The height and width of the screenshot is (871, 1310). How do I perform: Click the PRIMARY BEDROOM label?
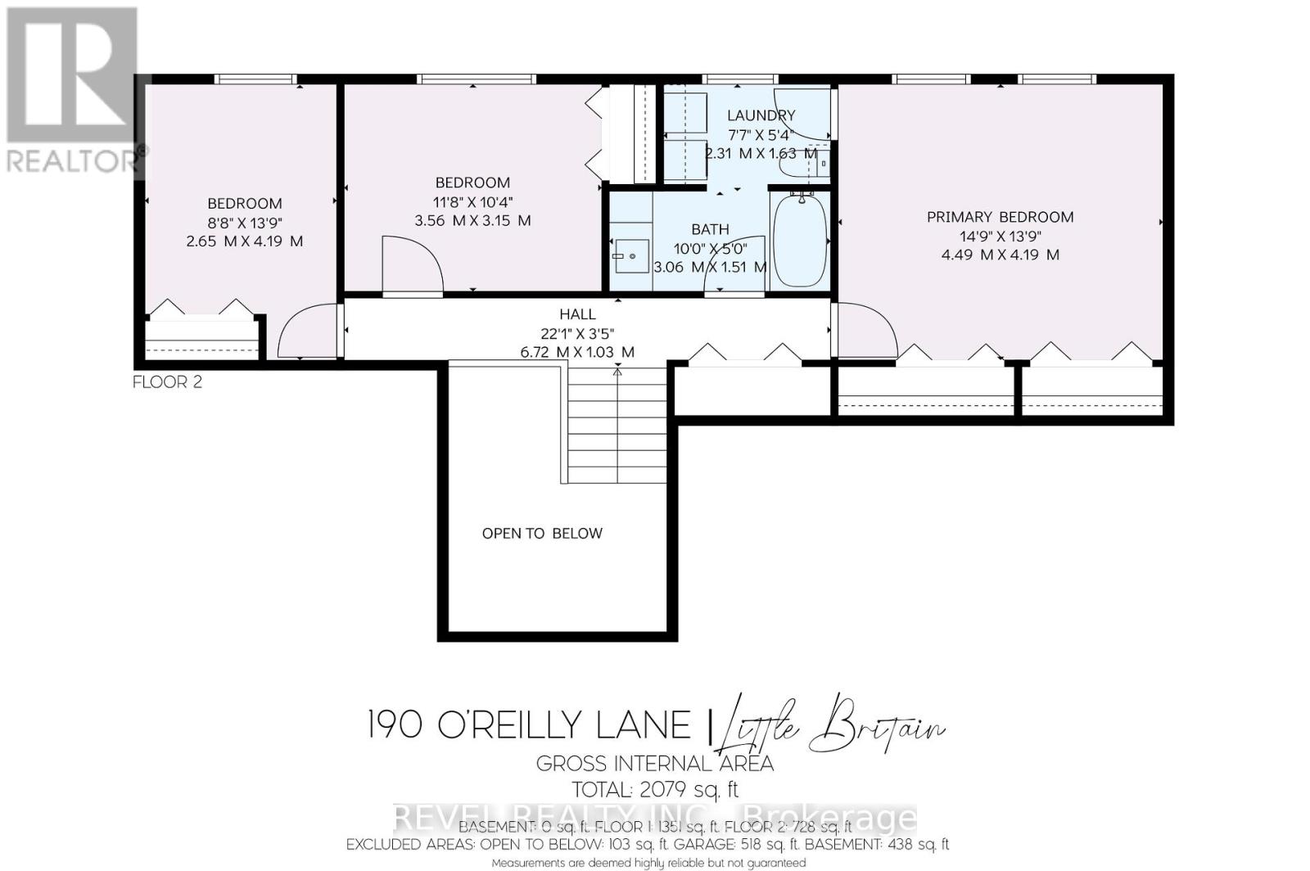pyautogui.click(x=1000, y=217)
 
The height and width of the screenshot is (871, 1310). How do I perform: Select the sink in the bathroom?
pyautogui.click(x=630, y=257)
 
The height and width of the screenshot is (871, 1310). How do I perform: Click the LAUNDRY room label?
pyautogui.click(x=761, y=115)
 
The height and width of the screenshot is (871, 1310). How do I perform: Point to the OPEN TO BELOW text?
pyautogui.click(x=542, y=534)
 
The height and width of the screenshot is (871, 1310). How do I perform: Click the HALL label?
pyautogui.click(x=577, y=314)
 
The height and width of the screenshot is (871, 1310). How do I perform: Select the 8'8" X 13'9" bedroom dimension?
pyautogui.click(x=245, y=223)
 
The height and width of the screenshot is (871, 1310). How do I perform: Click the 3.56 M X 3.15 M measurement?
pyautogui.click(x=472, y=221)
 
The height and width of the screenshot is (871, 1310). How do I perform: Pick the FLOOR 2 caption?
pyautogui.click(x=167, y=382)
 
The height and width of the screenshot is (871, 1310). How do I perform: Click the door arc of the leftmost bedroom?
pyautogui.click(x=306, y=332)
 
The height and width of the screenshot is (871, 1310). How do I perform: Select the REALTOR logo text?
pyautogui.click(x=74, y=160)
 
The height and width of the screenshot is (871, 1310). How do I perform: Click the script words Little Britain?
pyautogui.click(x=831, y=725)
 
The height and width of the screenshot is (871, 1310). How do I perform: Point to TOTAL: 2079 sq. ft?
pyautogui.click(x=655, y=790)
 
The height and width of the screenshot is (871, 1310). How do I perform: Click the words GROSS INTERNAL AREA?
pyautogui.click(x=655, y=764)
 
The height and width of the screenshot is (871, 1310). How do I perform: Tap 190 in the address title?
pyautogui.click(x=395, y=725)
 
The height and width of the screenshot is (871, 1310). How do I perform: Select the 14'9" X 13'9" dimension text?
pyautogui.click(x=1000, y=236)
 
